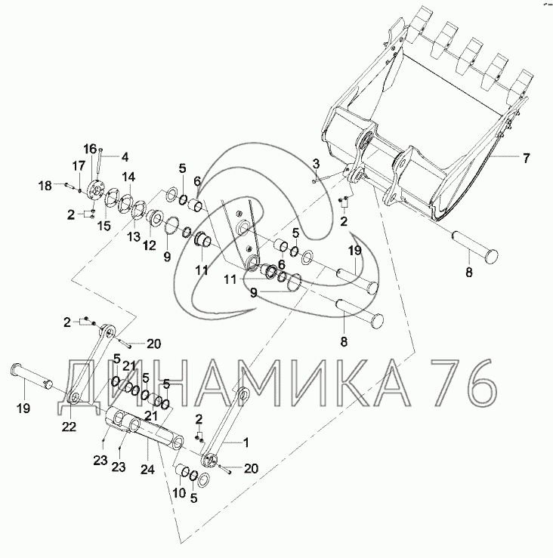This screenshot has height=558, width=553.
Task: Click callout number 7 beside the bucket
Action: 526,158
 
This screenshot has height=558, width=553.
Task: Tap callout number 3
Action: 316,165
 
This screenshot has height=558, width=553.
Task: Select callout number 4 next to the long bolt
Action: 125,157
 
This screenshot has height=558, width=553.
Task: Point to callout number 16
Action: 90,149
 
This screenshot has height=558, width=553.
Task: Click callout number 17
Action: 79,165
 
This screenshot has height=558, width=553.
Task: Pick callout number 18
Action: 45,186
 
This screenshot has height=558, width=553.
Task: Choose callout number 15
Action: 104,226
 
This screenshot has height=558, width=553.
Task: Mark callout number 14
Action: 129,177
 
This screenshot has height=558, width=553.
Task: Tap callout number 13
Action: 134,236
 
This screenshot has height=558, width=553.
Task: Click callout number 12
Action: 150,245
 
